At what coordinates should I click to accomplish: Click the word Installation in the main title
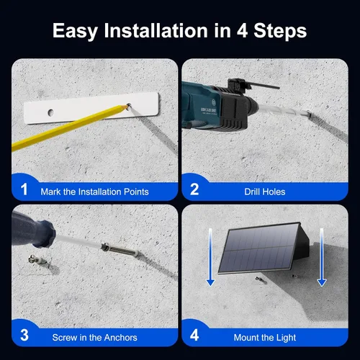click(156, 31)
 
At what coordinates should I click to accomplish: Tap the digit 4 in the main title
click(242, 31)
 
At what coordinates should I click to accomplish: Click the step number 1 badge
click(24, 189)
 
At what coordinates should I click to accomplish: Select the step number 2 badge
click(194, 189)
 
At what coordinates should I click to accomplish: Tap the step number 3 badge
click(24, 335)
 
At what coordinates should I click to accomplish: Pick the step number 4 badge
click(194, 335)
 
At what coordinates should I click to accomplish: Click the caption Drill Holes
click(265, 192)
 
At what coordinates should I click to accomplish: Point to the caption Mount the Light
click(265, 338)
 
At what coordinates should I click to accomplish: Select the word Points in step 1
click(136, 192)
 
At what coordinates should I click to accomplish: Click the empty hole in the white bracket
click(50, 112)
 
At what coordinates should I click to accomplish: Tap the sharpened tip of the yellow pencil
click(127, 106)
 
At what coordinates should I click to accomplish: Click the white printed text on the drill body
click(209, 110)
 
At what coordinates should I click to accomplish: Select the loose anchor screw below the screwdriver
click(39, 260)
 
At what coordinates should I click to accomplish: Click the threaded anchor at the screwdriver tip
click(120, 250)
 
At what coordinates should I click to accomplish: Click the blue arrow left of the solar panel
click(210, 257)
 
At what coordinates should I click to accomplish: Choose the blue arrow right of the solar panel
click(322, 257)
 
